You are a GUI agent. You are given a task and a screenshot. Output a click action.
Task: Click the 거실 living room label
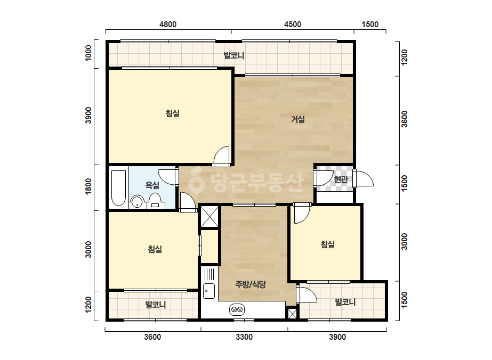[298, 119]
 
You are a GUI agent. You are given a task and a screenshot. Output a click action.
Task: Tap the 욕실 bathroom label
[152, 185]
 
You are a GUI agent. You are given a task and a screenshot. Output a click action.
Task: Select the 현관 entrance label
[341, 179]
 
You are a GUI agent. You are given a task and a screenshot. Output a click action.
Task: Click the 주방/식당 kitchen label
[251, 284]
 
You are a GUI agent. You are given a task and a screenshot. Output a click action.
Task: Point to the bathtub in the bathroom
[119, 188]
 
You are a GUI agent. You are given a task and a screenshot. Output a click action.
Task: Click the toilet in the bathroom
[155, 201]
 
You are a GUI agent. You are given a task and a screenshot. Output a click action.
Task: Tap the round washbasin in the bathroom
[137, 202]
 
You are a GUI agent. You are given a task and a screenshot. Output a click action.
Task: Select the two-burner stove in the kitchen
[237, 310]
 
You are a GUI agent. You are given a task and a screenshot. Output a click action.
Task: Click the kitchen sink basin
[208, 291]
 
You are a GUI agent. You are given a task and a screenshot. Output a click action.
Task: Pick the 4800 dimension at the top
[168, 24]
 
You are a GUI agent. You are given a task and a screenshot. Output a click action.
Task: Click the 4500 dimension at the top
[293, 24]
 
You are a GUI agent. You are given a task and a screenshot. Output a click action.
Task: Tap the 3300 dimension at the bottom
[244, 337]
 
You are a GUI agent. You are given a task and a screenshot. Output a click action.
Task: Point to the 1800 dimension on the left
[89, 186]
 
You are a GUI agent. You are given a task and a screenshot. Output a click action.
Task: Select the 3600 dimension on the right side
[405, 119]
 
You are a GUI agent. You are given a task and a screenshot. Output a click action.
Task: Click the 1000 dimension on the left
[89, 53]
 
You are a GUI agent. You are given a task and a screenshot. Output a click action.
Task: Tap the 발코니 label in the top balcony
[234, 56]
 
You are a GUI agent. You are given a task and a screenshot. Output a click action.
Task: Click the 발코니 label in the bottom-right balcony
[345, 302]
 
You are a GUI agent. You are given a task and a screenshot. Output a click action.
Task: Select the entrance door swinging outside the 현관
[364, 178]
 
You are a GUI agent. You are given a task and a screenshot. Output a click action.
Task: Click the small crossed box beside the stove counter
[292, 314]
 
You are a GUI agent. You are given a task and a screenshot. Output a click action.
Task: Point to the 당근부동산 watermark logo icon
[196, 181]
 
